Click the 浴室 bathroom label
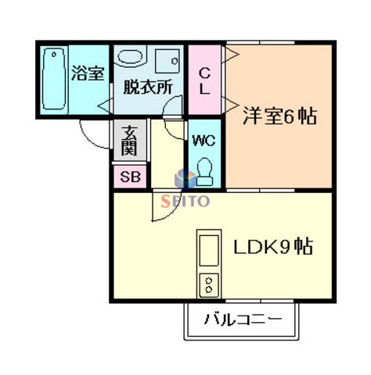(88, 73)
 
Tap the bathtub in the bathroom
(54, 79)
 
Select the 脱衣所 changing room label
(148, 87)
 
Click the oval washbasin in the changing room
(130, 56)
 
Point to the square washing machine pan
(167, 61)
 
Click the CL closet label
(204, 81)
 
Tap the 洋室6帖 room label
(280, 116)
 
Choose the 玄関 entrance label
(130, 141)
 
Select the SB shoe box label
(130, 177)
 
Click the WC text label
(204, 141)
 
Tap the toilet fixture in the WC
(204, 172)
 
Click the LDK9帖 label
(273, 247)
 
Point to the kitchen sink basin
(209, 250)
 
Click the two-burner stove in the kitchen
(209, 285)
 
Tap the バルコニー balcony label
(243, 319)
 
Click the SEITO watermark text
(185, 201)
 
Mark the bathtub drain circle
(54, 55)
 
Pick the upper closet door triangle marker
(230, 55)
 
